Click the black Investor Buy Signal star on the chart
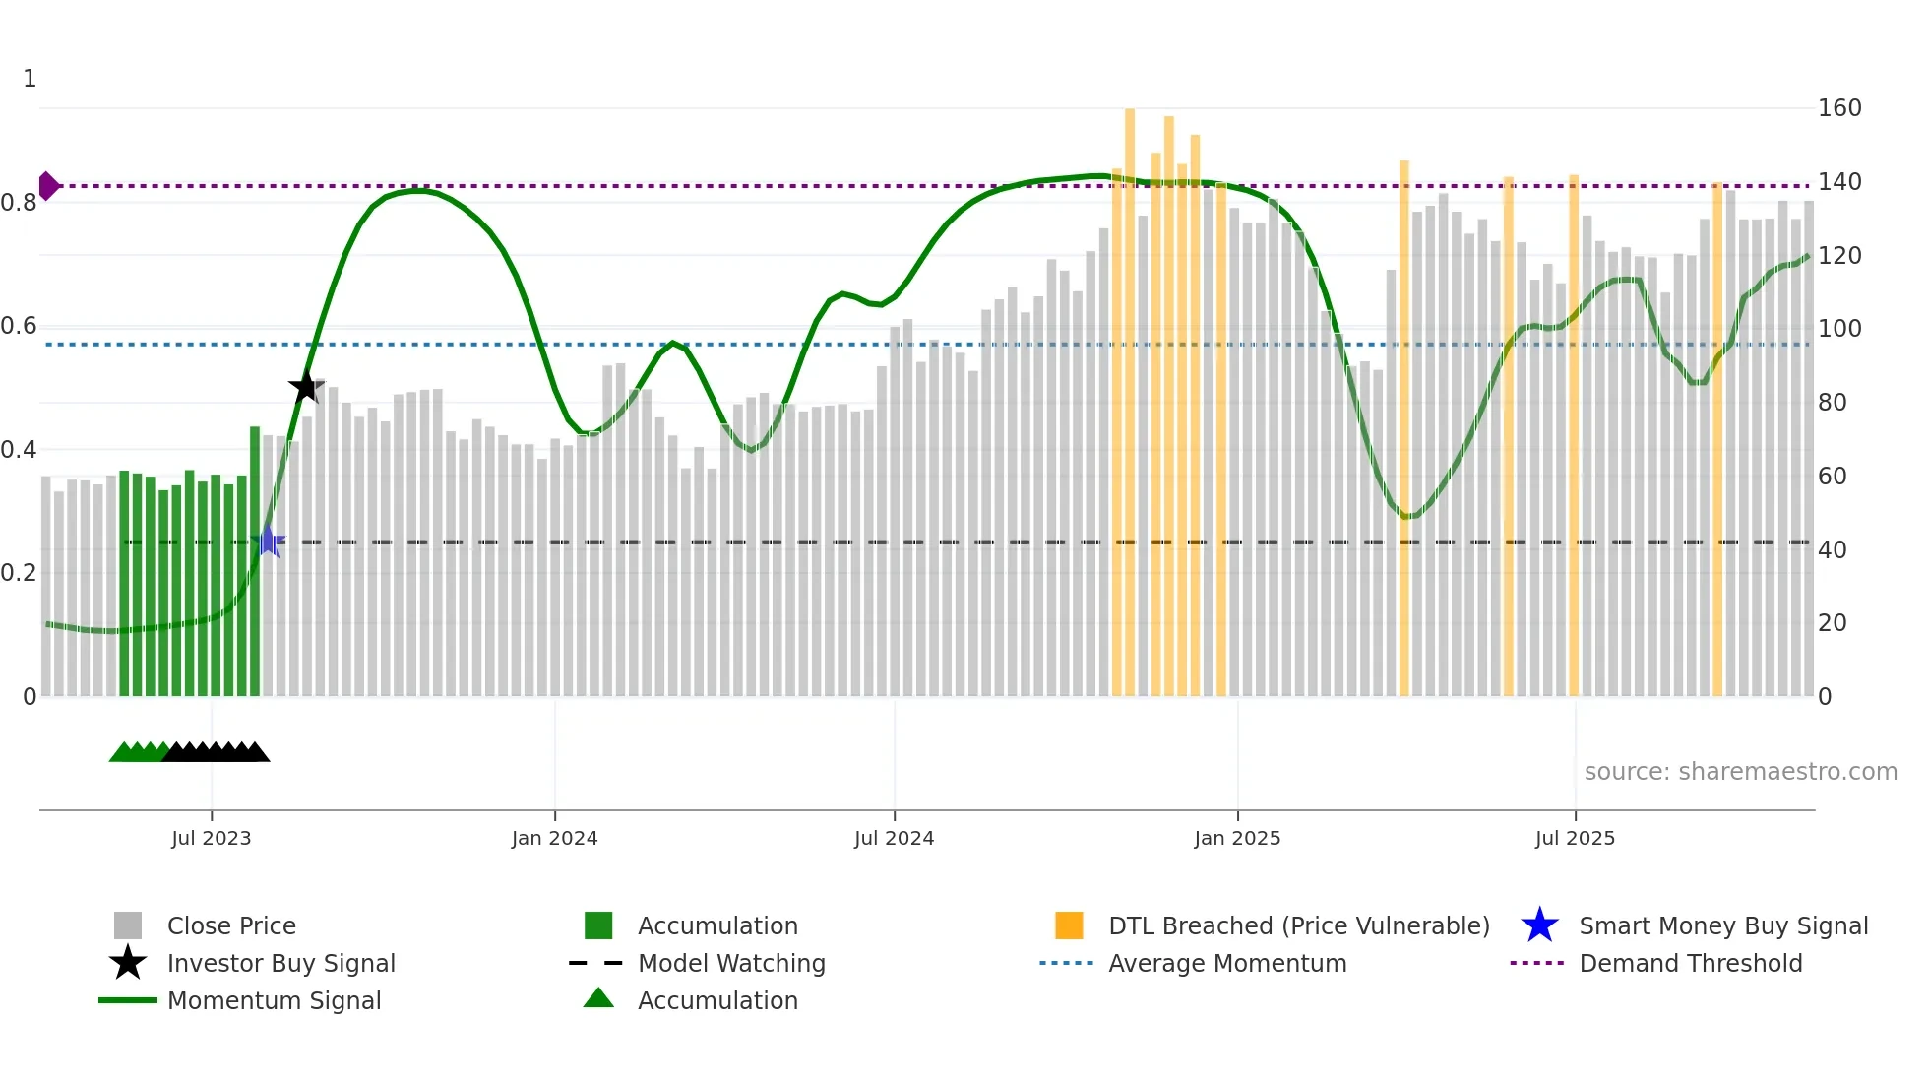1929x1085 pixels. point(306,386)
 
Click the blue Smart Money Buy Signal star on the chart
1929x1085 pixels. point(268,542)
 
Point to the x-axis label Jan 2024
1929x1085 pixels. point(554,838)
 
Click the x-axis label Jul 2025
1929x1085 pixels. point(1575,838)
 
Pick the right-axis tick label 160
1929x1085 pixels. point(1838,108)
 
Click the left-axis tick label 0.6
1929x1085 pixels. point(19,326)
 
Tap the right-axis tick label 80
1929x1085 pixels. point(1832,402)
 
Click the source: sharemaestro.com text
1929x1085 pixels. point(1740,771)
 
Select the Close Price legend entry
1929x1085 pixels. point(231,925)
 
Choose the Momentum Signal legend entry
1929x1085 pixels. point(274,1000)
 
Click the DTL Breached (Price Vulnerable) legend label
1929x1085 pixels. point(1298,925)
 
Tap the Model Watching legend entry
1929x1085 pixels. point(730,963)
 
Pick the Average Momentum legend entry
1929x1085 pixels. point(1226,963)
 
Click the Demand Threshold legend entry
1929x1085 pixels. point(1690,963)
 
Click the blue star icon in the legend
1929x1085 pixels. point(1539,925)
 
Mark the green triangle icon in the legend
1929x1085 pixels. point(598,998)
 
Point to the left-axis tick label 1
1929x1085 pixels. point(30,78)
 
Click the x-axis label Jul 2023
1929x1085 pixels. point(211,838)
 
